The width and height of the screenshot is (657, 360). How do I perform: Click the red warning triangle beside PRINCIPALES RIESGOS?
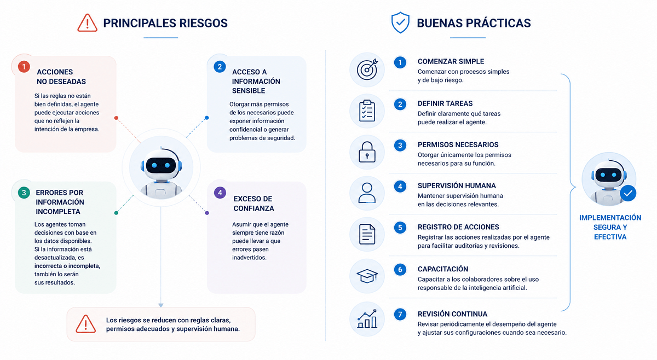point(87,23)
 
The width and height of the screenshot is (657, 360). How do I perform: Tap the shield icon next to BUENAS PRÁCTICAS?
point(400,22)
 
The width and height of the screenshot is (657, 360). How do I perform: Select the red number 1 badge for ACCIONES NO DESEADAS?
point(24,67)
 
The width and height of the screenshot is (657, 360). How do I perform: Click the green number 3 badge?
point(24,193)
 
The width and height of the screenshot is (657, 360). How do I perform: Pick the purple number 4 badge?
point(220,193)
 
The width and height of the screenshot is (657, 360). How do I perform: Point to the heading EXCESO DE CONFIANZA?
point(253,204)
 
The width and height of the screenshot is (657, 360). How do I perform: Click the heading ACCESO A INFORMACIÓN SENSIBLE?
point(256,81)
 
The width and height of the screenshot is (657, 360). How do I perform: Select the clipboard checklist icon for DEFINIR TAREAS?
point(367,111)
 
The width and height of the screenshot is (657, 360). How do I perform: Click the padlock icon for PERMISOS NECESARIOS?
point(367,152)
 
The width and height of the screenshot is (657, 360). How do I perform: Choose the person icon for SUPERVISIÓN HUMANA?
point(367,193)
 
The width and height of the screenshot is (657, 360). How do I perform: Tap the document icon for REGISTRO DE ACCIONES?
point(367,234)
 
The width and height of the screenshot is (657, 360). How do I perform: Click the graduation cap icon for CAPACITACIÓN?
point(367,276)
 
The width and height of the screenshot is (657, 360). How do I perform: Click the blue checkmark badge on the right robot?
point(628,193)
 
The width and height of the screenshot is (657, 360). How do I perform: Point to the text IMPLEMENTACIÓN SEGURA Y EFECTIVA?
point(610,227)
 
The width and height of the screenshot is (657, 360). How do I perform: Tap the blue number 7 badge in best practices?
point(400,314)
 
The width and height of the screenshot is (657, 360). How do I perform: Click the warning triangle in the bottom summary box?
point(85,324)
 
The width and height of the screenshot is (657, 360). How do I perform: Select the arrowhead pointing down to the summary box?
point(161,305)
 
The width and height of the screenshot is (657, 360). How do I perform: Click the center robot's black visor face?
point(161,165)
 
